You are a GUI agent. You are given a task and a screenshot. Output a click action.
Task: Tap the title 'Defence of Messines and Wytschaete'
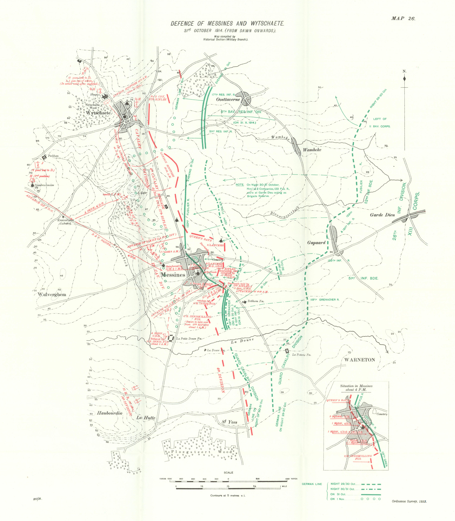click(x=227, y=24)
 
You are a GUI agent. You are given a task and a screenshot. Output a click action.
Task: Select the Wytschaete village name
click(x=98, y=113)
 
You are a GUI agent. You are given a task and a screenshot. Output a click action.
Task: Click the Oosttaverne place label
click(x=228, y=99)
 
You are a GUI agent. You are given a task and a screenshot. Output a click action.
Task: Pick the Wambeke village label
click(x=312, y=150)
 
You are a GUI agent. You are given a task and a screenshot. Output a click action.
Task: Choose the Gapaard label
click(x=316, y=243)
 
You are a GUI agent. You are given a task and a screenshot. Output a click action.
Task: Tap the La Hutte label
click(x=146, y=417)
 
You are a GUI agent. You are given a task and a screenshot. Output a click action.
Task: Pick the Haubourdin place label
click(x=109, y=413)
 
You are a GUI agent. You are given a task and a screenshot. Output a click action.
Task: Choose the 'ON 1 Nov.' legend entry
click(x=338, y=499)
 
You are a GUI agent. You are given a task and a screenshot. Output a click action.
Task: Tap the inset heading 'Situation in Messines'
click(x=356, y=386)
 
